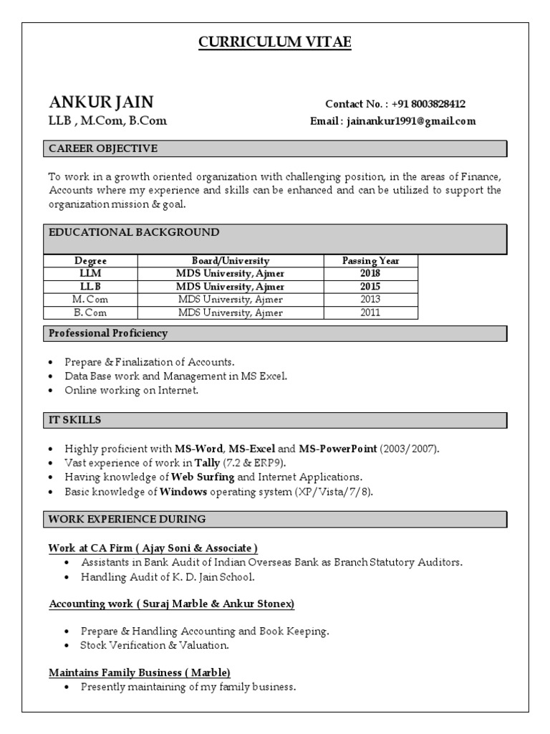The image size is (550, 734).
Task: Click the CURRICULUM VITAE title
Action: (x=275, y=43)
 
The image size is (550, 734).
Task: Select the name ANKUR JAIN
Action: (x=101, y=101)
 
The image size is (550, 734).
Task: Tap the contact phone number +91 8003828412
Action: (x=428, y=104)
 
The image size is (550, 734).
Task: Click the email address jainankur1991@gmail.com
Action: (x=411, y=121)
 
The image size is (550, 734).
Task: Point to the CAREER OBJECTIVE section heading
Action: (x=102, y=148)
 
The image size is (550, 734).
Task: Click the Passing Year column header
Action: (x=370, y=261)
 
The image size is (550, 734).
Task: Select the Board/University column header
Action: (x=230, y=261)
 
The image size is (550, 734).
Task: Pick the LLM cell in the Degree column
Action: (x=90, y=274)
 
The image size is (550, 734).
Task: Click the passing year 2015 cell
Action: (x=370, y=287)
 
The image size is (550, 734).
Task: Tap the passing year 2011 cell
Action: (x=370, y=313)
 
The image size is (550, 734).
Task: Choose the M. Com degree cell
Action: (x=90, y=300)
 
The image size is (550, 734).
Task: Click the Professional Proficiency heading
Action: (x=107, y=333)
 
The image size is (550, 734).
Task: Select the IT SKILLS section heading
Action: (x=75, y=419)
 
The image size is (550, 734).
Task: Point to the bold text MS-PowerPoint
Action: (x=337, y=449)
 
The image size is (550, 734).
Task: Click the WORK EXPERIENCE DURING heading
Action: (x=127, y=518)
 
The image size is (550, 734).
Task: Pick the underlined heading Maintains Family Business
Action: (x=140, y=672)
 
